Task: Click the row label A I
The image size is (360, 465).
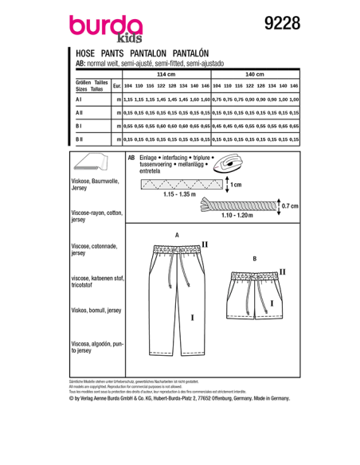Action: coord(79,100)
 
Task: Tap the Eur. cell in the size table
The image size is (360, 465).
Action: coord(118,85)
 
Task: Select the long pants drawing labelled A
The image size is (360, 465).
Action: coord(175,299)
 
